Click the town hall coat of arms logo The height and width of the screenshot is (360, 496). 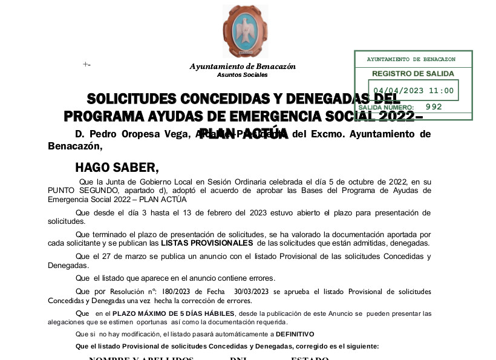(x=245, y=31)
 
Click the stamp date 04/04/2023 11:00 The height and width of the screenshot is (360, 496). (x=413, y=91)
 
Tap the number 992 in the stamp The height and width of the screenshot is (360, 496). (x=434, y=106)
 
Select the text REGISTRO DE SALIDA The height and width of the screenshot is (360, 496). (x=413, y=73)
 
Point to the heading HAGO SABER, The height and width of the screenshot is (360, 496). (x=116, y=168)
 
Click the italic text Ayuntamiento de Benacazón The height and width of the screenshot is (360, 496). (x=243, y=67)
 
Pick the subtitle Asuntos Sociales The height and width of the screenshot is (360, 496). (x=242, y=74)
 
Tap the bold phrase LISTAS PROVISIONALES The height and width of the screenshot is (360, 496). (x=207, y=243)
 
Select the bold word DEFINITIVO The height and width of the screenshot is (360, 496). (x=296, y=335)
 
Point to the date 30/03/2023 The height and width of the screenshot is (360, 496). (x=252, y=292)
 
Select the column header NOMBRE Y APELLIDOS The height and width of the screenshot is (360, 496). (x=141, y=358)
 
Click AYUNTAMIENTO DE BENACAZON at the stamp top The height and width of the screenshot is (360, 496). (x=411, y=59)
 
